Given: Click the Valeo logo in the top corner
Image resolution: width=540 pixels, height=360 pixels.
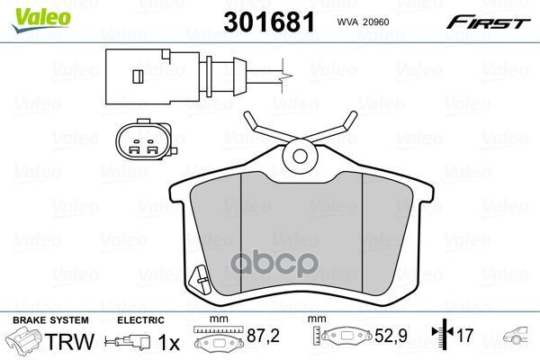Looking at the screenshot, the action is point(40,19).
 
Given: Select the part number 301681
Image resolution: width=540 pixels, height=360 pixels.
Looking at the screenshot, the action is point(269,22).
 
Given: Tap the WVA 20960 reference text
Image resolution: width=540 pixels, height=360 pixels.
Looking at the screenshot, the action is point(363,22).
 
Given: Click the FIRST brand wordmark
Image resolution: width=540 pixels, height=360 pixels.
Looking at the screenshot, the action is point(488,22).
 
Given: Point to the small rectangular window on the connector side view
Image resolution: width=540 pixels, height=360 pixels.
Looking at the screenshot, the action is point(138,76).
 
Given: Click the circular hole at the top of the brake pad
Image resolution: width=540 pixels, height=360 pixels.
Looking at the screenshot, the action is point(300,157).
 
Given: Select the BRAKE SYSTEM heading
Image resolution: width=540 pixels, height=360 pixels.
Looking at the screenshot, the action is point(50,320).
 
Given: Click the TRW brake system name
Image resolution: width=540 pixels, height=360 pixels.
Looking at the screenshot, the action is point(69,341).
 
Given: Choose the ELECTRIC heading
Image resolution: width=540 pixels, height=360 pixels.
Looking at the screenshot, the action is point(140,320).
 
